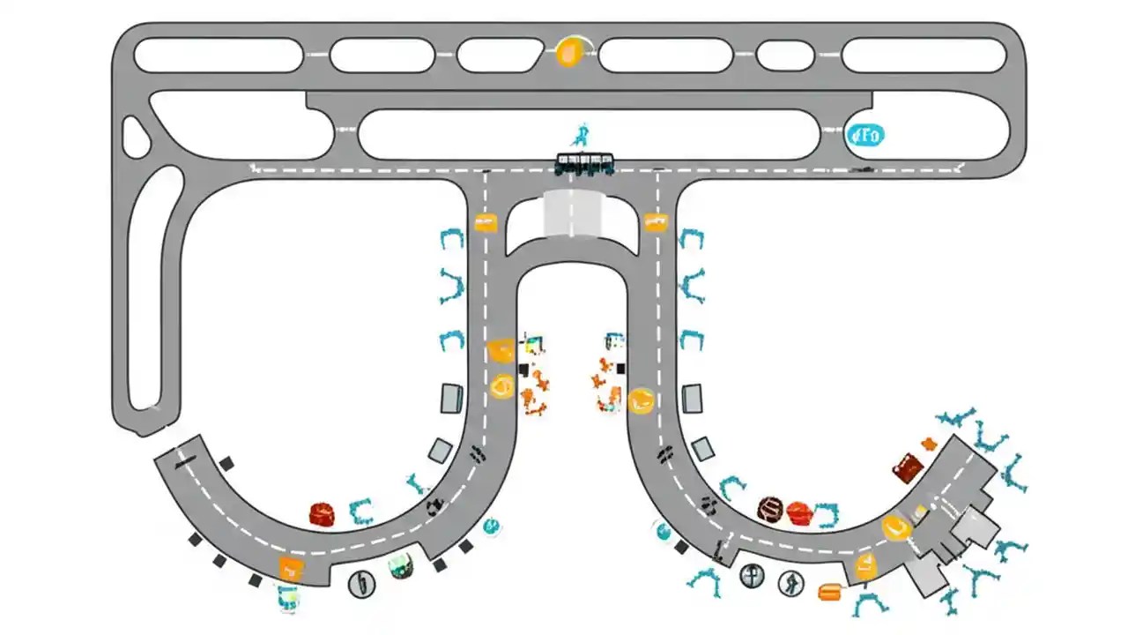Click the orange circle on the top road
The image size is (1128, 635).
point(570,54)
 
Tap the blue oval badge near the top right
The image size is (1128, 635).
point(865,136)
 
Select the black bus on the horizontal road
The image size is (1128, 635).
point(584,164)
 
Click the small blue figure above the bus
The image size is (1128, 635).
point(580,136)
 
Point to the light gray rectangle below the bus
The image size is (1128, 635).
point(570,214)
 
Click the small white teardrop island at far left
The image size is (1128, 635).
point(135,138)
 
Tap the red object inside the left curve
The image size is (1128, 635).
point(322,514)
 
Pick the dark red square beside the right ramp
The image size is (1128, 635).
point(907,467)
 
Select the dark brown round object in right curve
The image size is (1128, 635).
point(770,509)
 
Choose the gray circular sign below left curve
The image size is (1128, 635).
point(361,583)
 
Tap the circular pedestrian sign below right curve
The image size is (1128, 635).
point(790,582)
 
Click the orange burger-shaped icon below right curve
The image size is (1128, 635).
point(829,592)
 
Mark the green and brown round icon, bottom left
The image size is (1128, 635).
point(402,565)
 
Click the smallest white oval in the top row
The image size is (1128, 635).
point(784,56)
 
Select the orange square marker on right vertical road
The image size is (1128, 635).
point(655,222)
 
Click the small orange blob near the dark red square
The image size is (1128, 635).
point(928,444)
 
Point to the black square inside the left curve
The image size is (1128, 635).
point(226,463)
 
